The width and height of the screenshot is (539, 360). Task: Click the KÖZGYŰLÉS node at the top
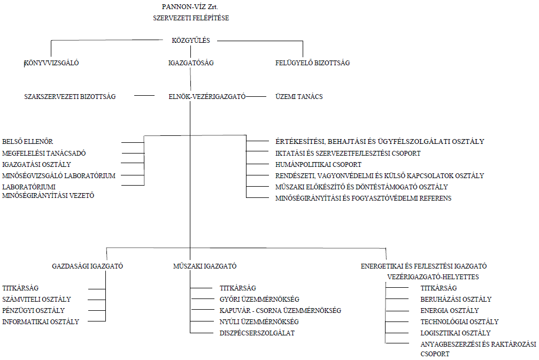coord(191,40)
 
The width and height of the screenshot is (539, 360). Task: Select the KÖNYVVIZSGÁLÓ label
coord(51,63)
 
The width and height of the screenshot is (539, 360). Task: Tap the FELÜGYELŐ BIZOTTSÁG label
coord(312,63)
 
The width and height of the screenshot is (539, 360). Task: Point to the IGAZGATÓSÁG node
coord(191,63)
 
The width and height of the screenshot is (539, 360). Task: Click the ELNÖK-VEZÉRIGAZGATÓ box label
coord(207,97)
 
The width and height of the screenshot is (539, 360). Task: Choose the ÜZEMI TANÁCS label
coord(299,97)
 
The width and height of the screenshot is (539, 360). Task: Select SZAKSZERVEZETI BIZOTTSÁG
coord(70,97)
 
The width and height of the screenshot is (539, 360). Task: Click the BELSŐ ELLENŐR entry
coord(27,142)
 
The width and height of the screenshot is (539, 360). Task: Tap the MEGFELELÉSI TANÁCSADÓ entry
coord(44,154)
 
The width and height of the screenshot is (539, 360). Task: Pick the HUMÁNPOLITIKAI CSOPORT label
coord(318,165)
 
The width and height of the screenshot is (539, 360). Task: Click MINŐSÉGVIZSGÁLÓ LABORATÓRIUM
coord(59,175)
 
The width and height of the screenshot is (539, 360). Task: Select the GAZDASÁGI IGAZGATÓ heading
coord(87,266)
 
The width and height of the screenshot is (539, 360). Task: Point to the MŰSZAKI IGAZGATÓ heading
coord(205,266)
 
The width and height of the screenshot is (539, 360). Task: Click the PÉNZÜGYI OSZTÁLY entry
coord(33,310)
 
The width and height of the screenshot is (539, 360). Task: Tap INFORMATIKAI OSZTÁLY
coord(41,322)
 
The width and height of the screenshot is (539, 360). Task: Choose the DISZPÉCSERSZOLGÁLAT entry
coord(257,333)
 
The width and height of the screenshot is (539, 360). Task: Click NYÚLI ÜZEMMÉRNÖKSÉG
coord(259,322)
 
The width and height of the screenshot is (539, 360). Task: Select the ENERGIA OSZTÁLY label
coord(450,310)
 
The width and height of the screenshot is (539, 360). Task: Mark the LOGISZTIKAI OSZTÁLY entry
coord(456,333)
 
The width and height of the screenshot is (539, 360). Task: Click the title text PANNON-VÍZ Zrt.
coord(190,7)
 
